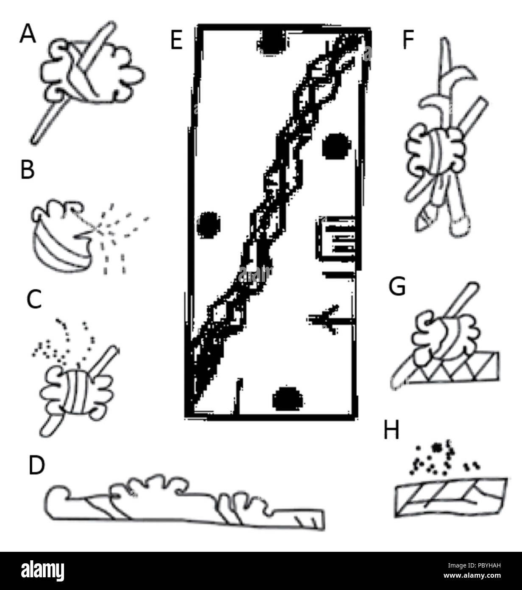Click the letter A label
[x=28, y=34]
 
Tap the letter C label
[x=34, y=300]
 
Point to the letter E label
[x=176, y=40]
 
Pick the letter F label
[x=408, y=40]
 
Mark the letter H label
[x=391, y=431]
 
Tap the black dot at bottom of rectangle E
[x=288, y=399]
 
